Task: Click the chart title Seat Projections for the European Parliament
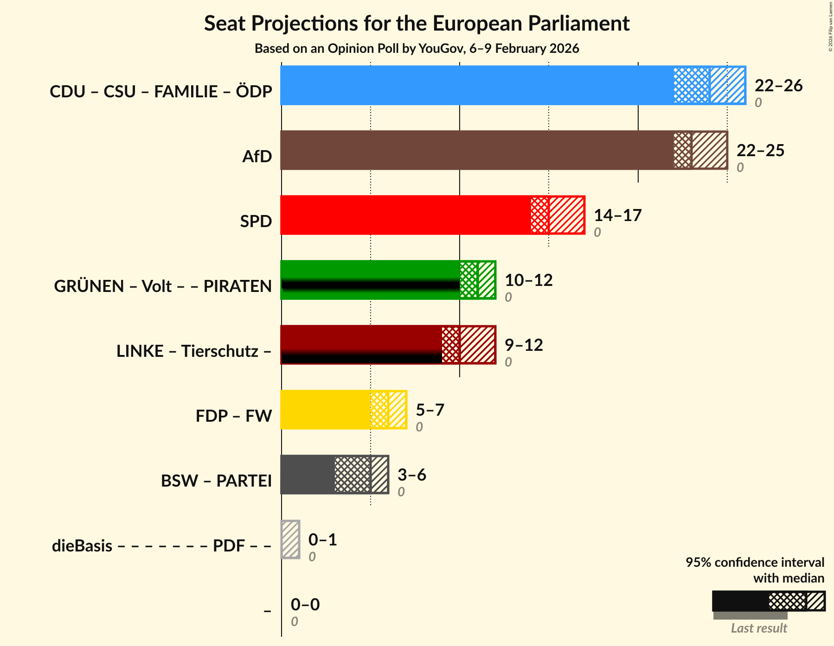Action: (417, 23)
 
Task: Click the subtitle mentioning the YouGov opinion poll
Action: (417, 49)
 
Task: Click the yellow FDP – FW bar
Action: (325, 410)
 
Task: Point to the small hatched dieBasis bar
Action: (290, 539)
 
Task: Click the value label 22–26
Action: (778, 86)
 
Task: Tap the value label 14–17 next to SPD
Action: (617, 215)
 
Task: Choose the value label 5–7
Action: (430, 410)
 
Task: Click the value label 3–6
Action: (411, 475)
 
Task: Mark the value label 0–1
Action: (322, 540)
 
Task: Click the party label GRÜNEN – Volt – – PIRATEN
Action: (163, 286)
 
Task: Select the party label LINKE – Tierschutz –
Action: (194, 351)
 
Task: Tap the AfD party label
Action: (257, 157)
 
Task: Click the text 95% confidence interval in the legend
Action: (755, 563)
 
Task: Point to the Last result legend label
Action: (759, 628)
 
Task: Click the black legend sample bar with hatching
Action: (768, 601)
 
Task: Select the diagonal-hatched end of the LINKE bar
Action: (477, 345)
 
